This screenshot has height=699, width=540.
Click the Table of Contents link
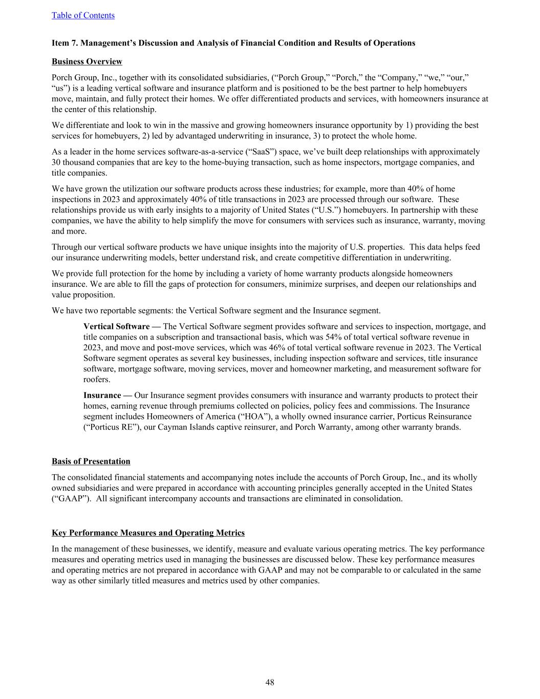83,15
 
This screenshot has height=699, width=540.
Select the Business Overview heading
87,61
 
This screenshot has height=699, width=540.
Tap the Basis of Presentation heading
91,461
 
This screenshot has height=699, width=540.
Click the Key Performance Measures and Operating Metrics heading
148,533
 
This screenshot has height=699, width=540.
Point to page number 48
270,682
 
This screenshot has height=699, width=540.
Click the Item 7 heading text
233,43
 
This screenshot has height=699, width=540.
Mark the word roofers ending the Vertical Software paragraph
97,379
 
